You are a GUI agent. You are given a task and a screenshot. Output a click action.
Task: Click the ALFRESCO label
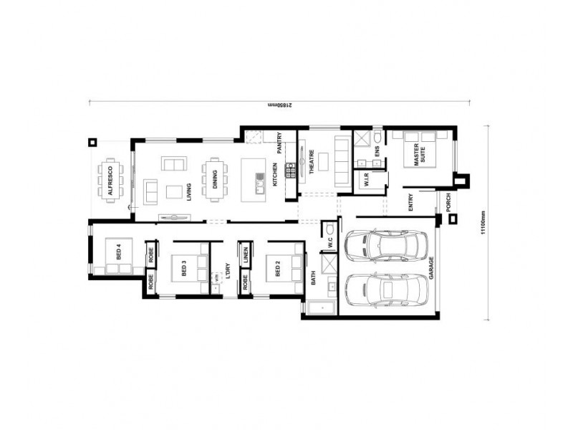110,182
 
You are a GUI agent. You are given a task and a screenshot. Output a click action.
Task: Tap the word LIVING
189,193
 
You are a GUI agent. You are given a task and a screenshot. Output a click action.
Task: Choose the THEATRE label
312,164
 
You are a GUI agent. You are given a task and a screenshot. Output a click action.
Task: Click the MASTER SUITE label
415,154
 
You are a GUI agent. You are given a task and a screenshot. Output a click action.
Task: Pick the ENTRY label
411,204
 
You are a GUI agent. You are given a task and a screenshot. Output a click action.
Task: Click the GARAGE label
431,268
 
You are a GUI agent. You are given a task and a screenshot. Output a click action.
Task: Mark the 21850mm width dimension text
276,105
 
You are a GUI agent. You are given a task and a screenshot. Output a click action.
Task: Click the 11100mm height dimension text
484,223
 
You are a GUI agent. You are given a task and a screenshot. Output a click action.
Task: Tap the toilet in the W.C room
329,229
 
